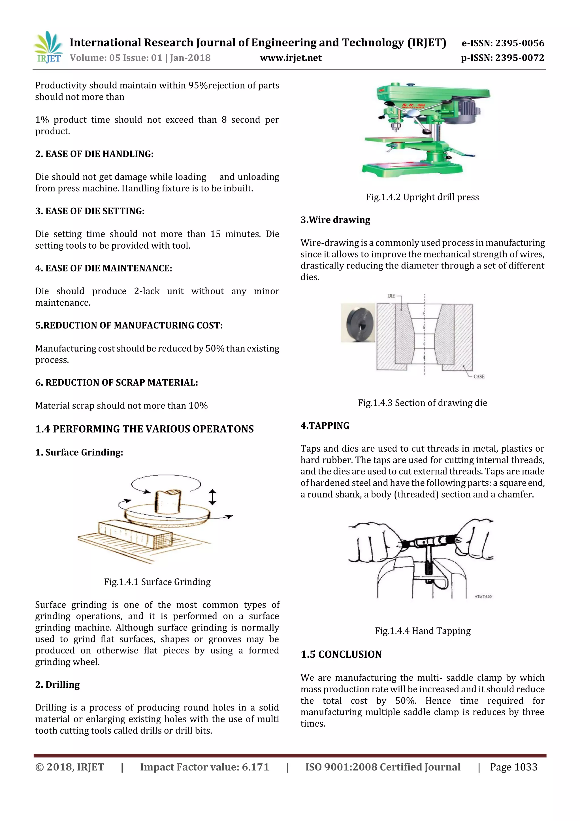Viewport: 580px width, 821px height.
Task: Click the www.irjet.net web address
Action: pyautogui.click(x=291, y=58)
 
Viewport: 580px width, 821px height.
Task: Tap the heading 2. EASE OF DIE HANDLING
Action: pyautogui.click(x=94, y=154)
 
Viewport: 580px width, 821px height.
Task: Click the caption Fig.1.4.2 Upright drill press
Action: pyautogui.click(x=422, y=197)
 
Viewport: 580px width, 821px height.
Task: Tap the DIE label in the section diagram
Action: pyautogui.click(x=391, y=296)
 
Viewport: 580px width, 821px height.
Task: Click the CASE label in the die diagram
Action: pyautogui.click(x=479, y=376)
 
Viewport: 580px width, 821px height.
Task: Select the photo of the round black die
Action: pyautogui.click(x=358, y=323)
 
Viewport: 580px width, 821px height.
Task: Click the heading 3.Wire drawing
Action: pyautogui.click(x=335, y=220)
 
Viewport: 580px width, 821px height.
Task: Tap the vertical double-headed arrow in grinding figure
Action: pyautogui.click(x=212, y=497)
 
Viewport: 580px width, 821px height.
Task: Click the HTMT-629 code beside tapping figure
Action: pyautogui.click(x=483, y=596)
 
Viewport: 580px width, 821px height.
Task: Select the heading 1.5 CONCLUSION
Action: pyautogui.click(x=341, y=654)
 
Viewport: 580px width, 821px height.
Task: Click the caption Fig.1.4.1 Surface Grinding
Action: pyautogui.click(x=157, y=582)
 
